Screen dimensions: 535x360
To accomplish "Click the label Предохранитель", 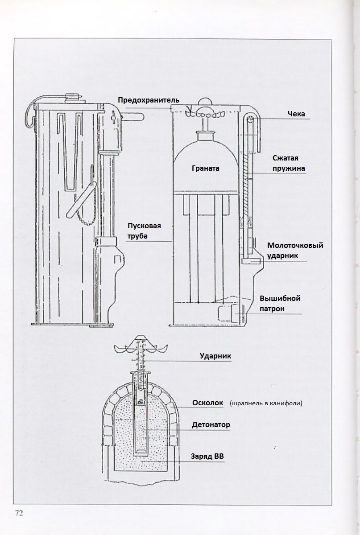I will tap(149, 99).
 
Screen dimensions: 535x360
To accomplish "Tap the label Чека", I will tap(296, 114).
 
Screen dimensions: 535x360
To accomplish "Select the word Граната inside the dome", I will tap(206, 169).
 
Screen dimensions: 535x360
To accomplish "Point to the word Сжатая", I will tap(285, 158).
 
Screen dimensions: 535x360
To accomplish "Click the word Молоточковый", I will tap(295, 246).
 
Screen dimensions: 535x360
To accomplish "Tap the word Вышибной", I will tap(280, 298).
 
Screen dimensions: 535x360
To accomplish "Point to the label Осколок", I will tap(207, 403).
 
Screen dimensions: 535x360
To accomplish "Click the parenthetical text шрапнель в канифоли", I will tap(266, 403).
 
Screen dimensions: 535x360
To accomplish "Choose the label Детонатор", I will tap(211, 425).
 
